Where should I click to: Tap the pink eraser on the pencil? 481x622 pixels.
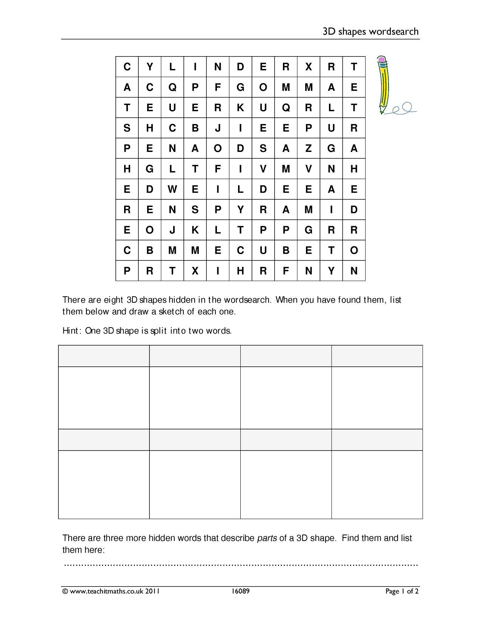pyautogui.click(x=381, y=60)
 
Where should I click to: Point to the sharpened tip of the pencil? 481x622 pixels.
pyautogui.click(x=382, y=112)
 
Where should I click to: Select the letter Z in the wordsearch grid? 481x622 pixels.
pyautogui.click(x=309, y=149)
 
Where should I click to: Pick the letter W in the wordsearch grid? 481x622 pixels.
pyautogui.click(x=172, y=189)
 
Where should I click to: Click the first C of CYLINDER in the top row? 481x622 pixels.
pyautogui.click(x=127, y=67)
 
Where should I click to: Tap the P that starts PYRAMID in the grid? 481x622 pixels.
pyautogui.click(x=218, y=210)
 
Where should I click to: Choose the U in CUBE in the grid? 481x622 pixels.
pyautogui.click(x=263, y=250)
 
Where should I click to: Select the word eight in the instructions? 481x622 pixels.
pyautogui.click(x=114, y=300)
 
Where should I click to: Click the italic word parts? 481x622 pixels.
pyautogui.click(x=267, y=538)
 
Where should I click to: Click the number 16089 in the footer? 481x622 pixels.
pyautogui.click(x=241, y=591)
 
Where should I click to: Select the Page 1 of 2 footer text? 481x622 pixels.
pyautogui.click(x=402, y=591)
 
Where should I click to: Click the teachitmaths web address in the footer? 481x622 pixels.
pyautogui.click(x=104, y=591)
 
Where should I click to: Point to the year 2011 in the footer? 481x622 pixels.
pyautogui.click(x=153, y=591)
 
